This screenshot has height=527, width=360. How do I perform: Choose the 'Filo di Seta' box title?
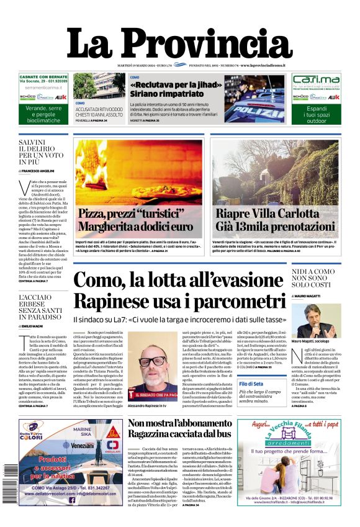pos(249,385)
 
